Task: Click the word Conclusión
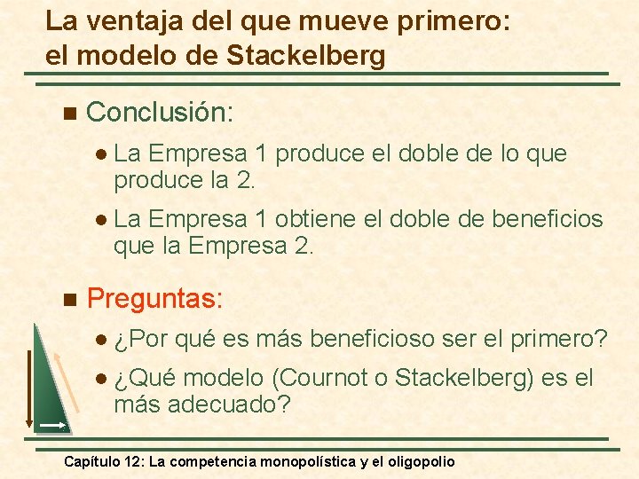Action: (x=159, y=112)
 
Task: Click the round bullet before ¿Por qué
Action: (x=100, y=340)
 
